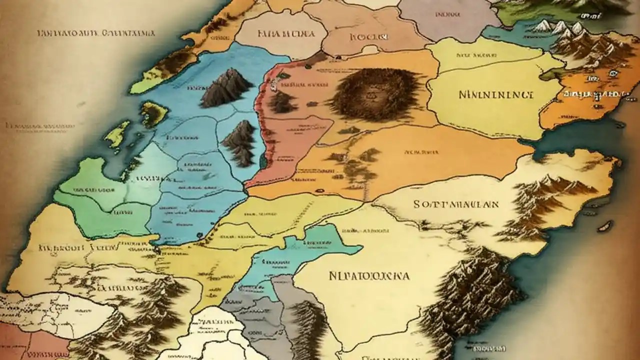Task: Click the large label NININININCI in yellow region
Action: (495, 93)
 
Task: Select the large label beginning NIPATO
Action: (369, 275)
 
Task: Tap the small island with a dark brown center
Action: (153, 114)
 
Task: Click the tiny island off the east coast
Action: (606, 225)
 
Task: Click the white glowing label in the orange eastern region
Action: (595, 93)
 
